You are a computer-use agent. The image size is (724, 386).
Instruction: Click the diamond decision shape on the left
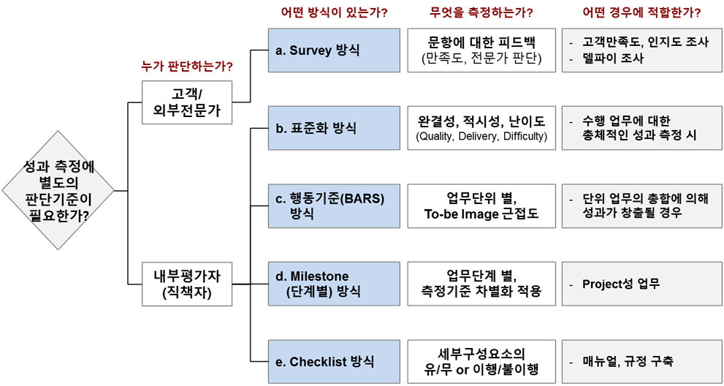(x=58, y=190)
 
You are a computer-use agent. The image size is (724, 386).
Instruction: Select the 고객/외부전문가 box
(x=187, y=102)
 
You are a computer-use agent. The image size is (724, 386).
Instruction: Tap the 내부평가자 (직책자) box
(x=187, y=284)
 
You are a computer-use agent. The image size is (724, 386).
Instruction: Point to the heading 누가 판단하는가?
(x=187, y=67)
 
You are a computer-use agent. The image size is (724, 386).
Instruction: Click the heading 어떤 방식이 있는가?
(x=334, y=12)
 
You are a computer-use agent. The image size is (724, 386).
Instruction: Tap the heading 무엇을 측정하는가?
(x=480, y=12)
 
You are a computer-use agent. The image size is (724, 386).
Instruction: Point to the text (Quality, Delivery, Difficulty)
(x=480, y=137)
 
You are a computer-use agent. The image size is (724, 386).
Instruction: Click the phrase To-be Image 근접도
(x=481, y=213)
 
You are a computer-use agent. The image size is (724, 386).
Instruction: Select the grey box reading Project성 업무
(x=641, y=284)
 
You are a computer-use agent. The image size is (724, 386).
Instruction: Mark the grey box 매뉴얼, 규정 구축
(x=641, y=361)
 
